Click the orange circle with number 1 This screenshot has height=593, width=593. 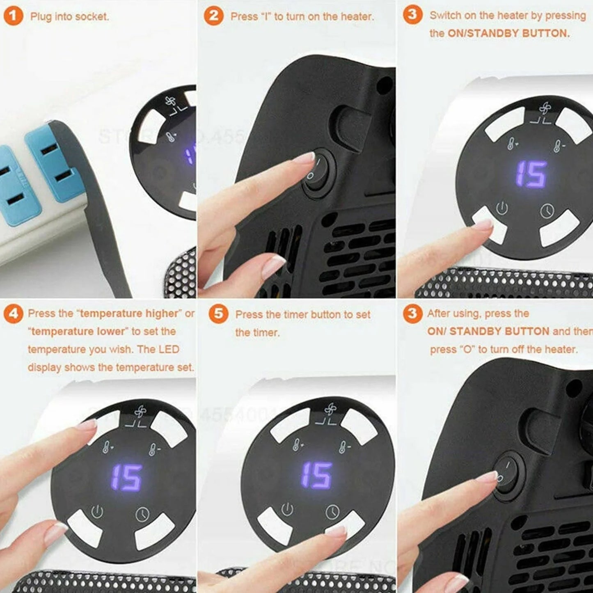coord(13,16)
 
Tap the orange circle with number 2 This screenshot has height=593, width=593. coord(214,16)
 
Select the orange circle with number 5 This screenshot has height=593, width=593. coord(218,314)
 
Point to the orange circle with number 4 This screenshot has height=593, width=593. coord(13,314)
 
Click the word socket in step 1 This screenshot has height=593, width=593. coord(92,17)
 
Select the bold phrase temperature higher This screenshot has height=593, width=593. coord(129,314)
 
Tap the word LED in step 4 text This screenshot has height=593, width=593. coord(169,350)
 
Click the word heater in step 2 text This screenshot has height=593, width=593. coord(358,17)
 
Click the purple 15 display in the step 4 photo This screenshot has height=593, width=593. coord(127,477)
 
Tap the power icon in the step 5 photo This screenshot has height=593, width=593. coord(287,509)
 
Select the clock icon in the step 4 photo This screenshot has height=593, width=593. coord(142,514)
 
